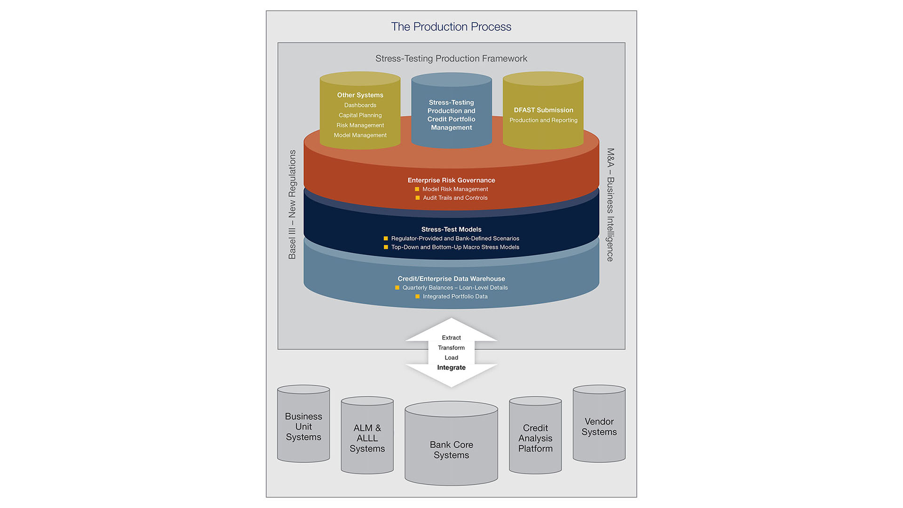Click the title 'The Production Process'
[451, 27]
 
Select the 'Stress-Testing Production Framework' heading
[451, 59]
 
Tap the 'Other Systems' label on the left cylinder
[360, 95]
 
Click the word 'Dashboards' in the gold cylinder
[360, 105]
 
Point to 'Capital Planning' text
[360, 115]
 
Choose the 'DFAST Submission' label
[543, 110]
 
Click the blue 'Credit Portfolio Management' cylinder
[451, 115]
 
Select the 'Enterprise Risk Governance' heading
[451, 180]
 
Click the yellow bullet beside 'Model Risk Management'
[417, 189]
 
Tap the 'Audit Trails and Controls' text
[455, 198]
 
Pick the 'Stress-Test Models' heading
[451, 230]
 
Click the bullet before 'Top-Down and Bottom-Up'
[386, 247]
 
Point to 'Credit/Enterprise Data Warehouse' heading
[451, 279]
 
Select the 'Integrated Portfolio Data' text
[455, 297]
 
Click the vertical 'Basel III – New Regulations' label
[292, 205]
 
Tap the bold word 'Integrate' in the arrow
[451, 368]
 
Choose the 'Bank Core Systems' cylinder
[451, 450]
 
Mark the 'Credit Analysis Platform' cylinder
[535, 438]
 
